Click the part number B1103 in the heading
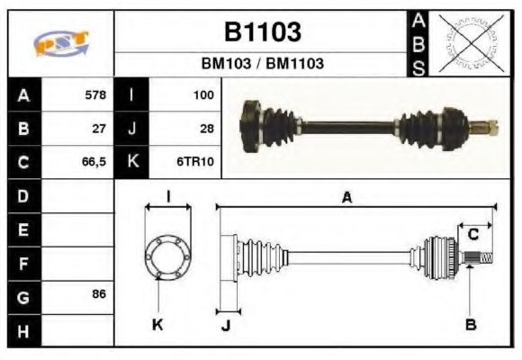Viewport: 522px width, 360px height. point(262,32)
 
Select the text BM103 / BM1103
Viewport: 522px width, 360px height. point(262,64)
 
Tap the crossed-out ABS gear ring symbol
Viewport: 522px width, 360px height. point(467,41)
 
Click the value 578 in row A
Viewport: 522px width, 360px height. point(94,94)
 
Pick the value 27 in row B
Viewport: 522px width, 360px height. point(99,128)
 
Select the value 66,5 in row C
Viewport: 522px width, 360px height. point(94,162)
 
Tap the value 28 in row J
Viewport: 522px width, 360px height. point(206,128)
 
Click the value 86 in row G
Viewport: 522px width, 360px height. point(99,295)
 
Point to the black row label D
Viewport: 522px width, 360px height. point(22,195)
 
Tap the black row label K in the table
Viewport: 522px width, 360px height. point(131,162)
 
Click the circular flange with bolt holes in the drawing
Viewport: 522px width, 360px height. point(167,255)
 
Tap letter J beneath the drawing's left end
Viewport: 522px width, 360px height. point(226,325)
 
